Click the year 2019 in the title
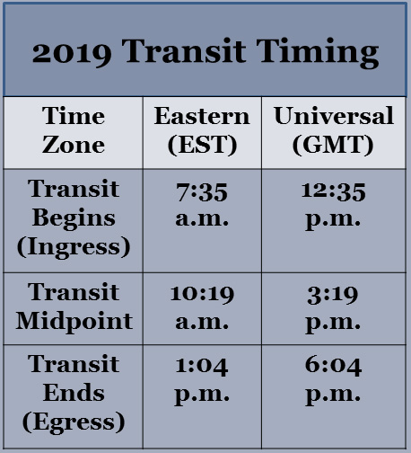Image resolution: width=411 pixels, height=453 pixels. [72, 53]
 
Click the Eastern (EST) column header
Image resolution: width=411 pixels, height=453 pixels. [202, 131]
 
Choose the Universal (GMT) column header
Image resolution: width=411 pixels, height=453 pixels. [334, 131]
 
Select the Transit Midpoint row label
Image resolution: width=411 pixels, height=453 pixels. [74, 307]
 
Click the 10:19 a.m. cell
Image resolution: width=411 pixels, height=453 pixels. [202, 307]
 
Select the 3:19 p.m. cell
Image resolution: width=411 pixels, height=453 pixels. [333, 309]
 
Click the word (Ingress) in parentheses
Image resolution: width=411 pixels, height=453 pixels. [74, 247]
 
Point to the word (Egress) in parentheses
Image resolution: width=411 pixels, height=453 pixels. [74, 422]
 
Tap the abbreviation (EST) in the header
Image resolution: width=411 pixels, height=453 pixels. [202, 146]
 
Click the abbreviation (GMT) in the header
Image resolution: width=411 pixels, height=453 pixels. [333, 146]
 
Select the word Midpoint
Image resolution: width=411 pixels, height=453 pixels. [74, 322]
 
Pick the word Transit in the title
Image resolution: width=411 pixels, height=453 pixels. [184, 51]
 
